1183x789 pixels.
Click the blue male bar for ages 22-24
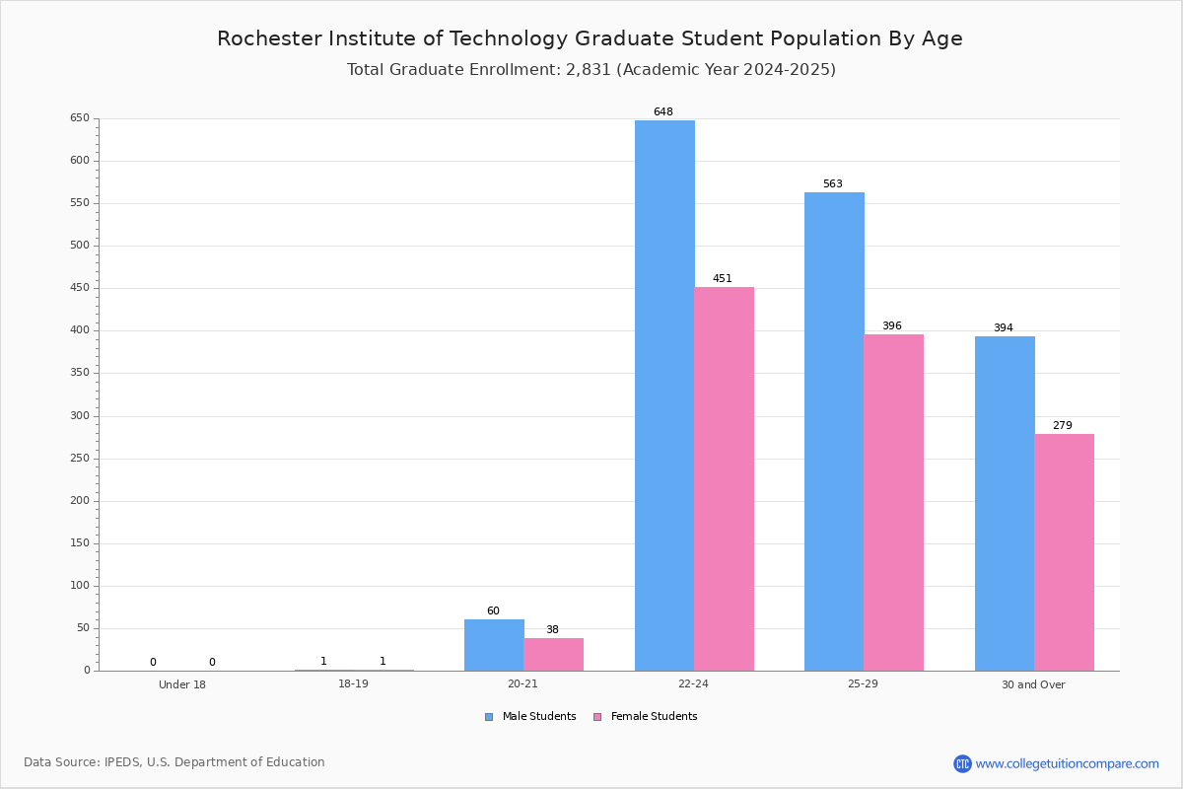point(664,395)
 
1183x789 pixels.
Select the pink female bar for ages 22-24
point(724,478)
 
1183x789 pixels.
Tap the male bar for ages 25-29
point(834,431)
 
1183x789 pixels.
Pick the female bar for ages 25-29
point(893,503)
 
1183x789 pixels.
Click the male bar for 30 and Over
point(1005,504)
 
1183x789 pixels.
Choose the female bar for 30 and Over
point(1064,552)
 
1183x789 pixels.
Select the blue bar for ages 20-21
point(494,645)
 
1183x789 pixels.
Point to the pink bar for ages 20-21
point(553,654)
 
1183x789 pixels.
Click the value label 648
point(663,111)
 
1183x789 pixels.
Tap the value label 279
point(1063,425)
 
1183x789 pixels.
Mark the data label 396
point(892,325)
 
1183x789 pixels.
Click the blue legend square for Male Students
point(489,717)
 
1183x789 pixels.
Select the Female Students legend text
point(654,716)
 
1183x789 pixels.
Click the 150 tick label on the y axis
point(80,542)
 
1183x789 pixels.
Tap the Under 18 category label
point(182,684)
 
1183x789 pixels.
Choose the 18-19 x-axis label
point(353,683)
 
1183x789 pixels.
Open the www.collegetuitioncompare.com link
point(1068,763)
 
